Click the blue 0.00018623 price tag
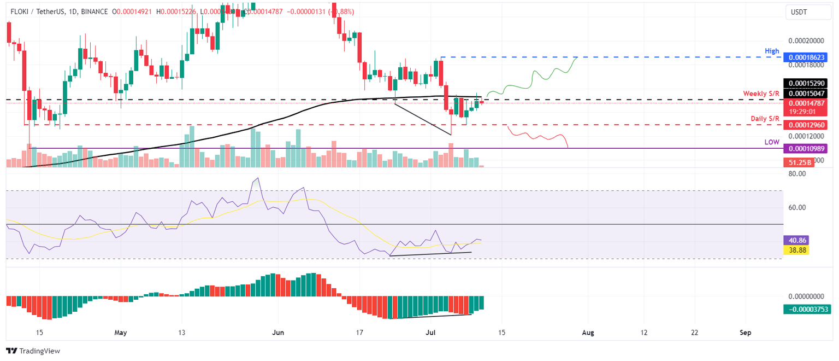click(x=806, y=57)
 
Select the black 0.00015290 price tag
click(x=806, y=83)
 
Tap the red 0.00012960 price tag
click(x=806, y=125)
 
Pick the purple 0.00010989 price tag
click(x=806, y=149)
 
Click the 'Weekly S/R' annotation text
click(x=761, y=94)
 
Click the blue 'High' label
click(x=772, y=51)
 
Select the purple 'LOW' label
click(x=771, y=142)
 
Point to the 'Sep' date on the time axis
click(x=745, y=332)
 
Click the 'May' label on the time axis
click(x=121, y=332)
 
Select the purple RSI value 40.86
click(x=795, y=240)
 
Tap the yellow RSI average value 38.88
click(x=795, y=250)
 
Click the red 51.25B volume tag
click(x=799, y=162)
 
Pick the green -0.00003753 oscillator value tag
click(x=806, y=309)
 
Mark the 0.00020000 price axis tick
click(x=806, y=41)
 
